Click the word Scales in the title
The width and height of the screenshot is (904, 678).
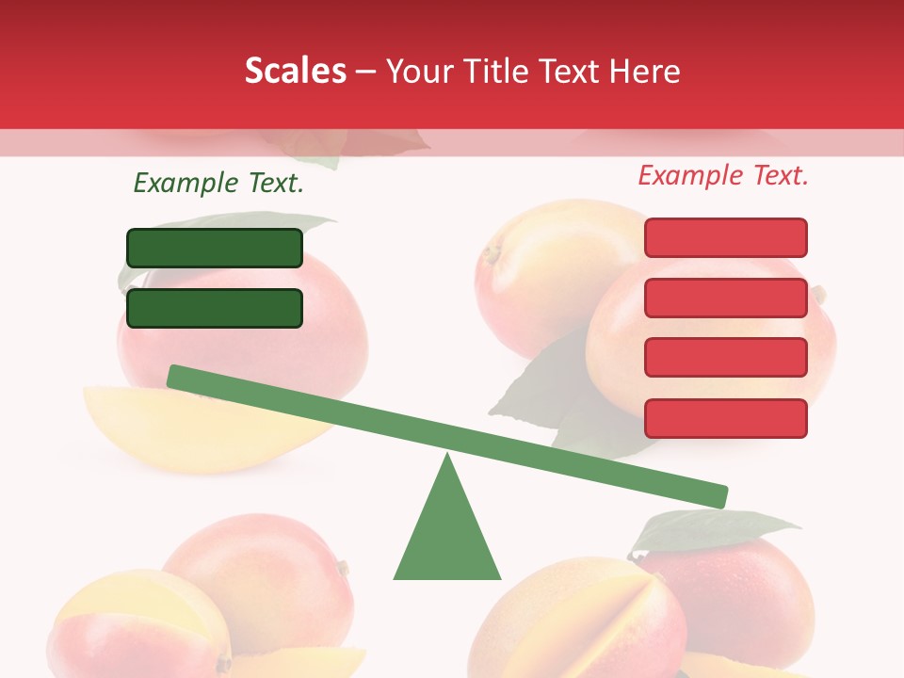click(295, 71)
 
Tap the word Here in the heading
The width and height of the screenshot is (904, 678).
click(644, 71)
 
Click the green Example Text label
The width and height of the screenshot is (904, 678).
click(218, 183)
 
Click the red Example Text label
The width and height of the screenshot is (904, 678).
click(723, 175)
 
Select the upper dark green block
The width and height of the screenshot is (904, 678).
click(215, 248)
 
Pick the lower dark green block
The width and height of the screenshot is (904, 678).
click(215, 308)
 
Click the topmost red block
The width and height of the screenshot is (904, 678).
click(726, 237)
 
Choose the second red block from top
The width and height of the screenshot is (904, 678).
click(726, 298)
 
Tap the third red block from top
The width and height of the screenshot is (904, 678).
click(726, 357)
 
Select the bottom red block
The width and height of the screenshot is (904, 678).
click(726, 418)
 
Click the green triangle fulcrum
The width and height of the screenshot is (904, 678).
click(447, 537)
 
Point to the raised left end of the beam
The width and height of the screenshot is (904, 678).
click(175, 376)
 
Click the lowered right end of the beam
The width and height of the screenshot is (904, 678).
click(719, 495)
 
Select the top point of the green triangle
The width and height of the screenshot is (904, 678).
click(447, 457)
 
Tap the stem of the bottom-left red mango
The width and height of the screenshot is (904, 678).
click(343, 568)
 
